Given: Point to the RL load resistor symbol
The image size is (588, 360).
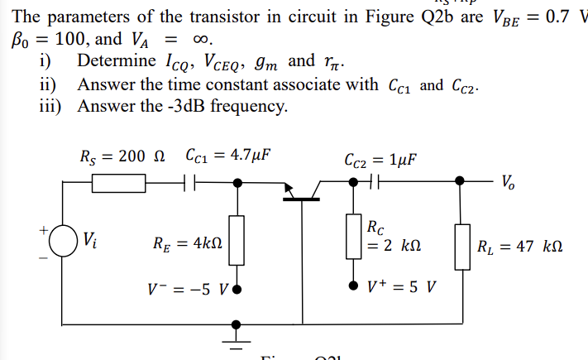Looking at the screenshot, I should pos(461,245).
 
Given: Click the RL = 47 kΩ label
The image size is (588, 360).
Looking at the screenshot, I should pos(519,246).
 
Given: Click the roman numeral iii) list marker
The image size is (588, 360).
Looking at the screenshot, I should pos(51,105).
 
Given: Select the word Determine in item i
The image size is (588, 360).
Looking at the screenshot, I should pos(116,60).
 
